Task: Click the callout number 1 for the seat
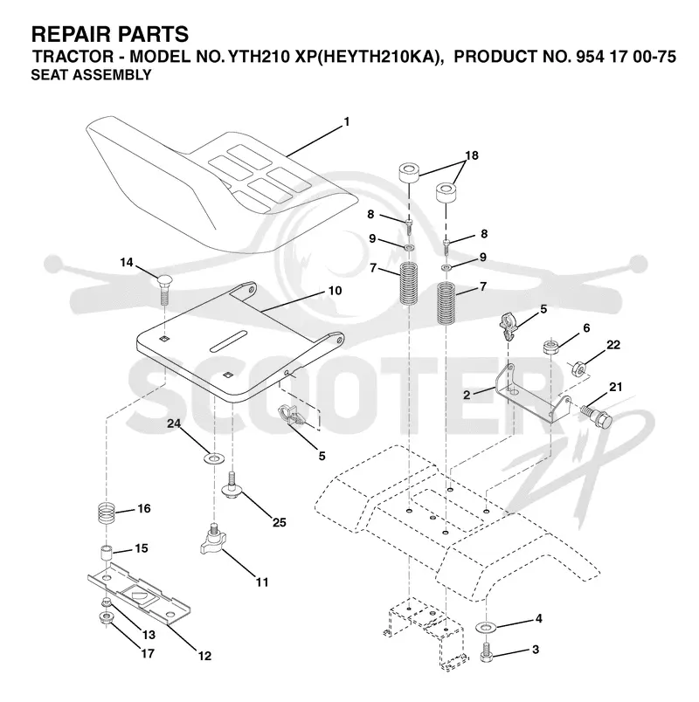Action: point(346,121)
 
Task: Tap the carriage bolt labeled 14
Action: point(164,289)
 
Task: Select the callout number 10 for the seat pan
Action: point(335,291)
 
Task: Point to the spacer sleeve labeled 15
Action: point(106,553)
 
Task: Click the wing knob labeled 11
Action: point(211,536)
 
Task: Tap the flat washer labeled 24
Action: point(214,458)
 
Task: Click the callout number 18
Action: point(472,155)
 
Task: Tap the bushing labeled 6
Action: point(550,347)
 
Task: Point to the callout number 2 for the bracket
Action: point(467,395)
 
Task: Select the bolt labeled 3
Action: point(486,652)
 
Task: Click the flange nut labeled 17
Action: point(106,619)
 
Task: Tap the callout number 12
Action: point(204,656)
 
